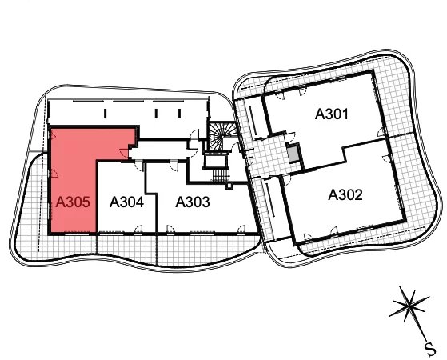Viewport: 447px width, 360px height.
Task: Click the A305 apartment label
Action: pos(73,202)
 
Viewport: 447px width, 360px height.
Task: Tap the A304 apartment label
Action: pos(126,202)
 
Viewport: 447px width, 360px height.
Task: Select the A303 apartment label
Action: pos(193,202)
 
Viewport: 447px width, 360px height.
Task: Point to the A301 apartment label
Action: pos(332,114)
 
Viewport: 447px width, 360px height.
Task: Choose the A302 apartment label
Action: pos(345,195)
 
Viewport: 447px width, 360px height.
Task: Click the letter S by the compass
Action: pos(430,349)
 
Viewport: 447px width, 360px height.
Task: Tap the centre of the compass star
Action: pos(409,306)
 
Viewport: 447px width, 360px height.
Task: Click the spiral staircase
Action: pos(222,136)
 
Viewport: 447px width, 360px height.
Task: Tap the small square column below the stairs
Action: pos(229,186)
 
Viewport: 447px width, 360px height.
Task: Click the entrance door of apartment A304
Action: pos(138,166)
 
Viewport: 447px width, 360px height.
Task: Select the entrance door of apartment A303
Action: pos(174,166)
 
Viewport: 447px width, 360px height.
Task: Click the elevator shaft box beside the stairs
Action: pos(217,161)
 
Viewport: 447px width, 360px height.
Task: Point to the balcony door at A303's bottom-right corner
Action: pos(241,229)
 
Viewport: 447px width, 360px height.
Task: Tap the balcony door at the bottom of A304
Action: pos(138,229)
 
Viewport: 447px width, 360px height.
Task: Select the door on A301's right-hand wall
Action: pos(381,132)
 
